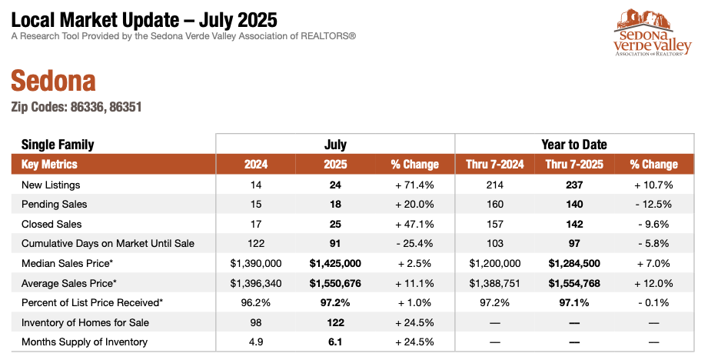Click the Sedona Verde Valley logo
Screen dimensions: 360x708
[x=653, y=34]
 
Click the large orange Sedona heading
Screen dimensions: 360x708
[x=53, y=81]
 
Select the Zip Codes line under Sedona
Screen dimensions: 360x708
[x=76, y=107]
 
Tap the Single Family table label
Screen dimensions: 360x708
[x=58, y=145]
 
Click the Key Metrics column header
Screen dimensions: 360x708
[x=49, y=164]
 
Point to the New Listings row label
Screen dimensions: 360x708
[x=51, y=185]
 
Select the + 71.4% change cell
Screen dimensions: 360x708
[x=414, y=185]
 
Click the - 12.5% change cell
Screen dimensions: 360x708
[x=653, y=205]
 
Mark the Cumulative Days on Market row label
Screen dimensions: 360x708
[x=108, y=244]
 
